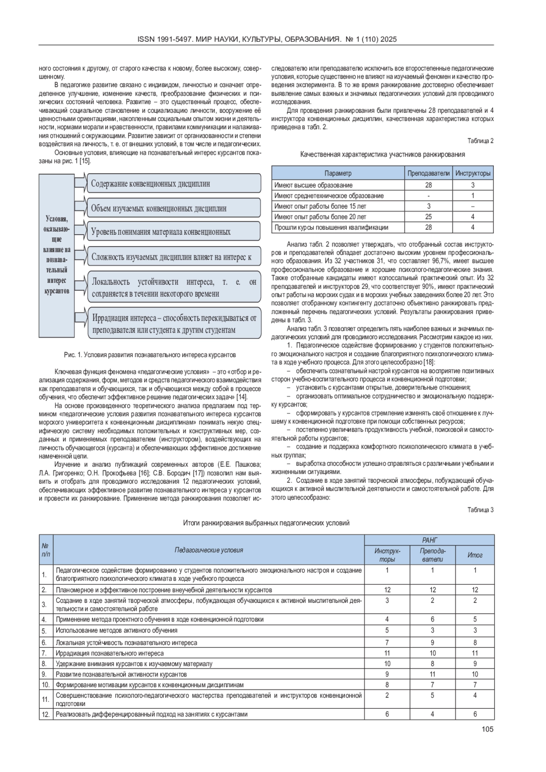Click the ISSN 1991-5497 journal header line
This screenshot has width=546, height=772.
point(267,40)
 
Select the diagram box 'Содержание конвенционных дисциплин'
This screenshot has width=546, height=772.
point(173,184)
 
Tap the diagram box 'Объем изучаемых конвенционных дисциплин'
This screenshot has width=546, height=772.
point(173,208)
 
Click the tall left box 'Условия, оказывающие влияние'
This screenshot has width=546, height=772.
point(56,255)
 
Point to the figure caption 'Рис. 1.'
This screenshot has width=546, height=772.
point(150,354)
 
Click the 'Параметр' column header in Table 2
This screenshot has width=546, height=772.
point(338,173)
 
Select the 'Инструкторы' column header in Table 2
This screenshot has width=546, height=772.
point(473,173)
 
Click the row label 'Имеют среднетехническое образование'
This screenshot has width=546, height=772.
point(329,196)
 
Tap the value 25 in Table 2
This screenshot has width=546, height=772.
point(428,217)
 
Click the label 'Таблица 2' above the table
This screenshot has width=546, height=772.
point(480,141)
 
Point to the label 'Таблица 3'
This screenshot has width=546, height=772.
point(480,510)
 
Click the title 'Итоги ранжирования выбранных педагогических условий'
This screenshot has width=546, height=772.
point(266,523)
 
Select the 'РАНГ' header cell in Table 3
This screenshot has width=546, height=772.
point(429,540)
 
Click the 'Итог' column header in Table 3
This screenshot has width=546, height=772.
point(475,555)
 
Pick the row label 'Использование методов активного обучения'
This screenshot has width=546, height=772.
point(116,631)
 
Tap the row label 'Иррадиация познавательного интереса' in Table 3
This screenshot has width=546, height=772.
point(110,653)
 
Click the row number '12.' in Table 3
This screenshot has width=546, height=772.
point(45,714)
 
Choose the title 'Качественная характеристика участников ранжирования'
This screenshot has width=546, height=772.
point(382,155)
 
